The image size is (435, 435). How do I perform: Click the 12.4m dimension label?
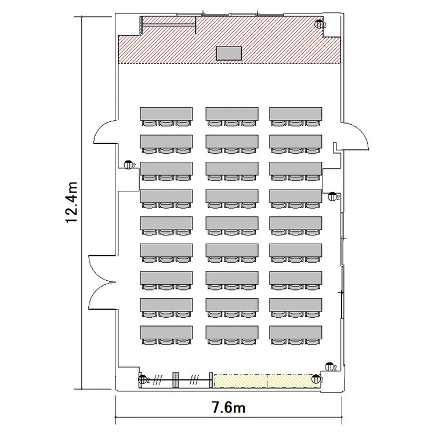(x=71, y=202)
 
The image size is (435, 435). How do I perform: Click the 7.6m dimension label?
(x=229, y=408)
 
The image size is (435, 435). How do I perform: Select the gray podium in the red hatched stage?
(x=229, y=53)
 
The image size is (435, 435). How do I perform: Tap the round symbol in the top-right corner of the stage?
(x=319, y=24)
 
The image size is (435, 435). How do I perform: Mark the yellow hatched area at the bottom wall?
(x=267, y=381)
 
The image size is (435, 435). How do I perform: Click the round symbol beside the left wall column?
(x=128, y=165)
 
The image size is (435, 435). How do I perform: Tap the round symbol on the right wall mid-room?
(x=332, y=196)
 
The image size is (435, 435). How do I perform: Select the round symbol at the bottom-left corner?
(x=143, y=379)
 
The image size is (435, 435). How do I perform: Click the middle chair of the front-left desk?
(x=166, y=123)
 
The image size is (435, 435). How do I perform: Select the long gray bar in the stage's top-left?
(x=169, y=26)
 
